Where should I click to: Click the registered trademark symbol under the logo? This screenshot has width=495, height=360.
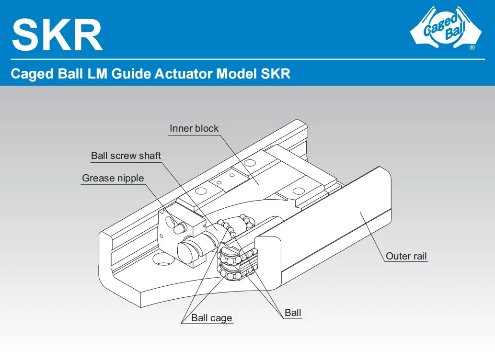coord(472,48)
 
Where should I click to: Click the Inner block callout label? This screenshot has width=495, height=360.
coord(194,128)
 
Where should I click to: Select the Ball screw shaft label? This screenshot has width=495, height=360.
coord(126,156)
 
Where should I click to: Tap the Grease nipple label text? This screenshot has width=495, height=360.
coord(113,178)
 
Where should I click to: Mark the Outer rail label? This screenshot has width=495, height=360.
coord(406,256)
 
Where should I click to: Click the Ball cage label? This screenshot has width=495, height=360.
coord(211,318)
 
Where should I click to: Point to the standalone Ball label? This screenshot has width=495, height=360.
coord(293,313)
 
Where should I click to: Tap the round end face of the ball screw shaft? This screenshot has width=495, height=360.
coord(187,250)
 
